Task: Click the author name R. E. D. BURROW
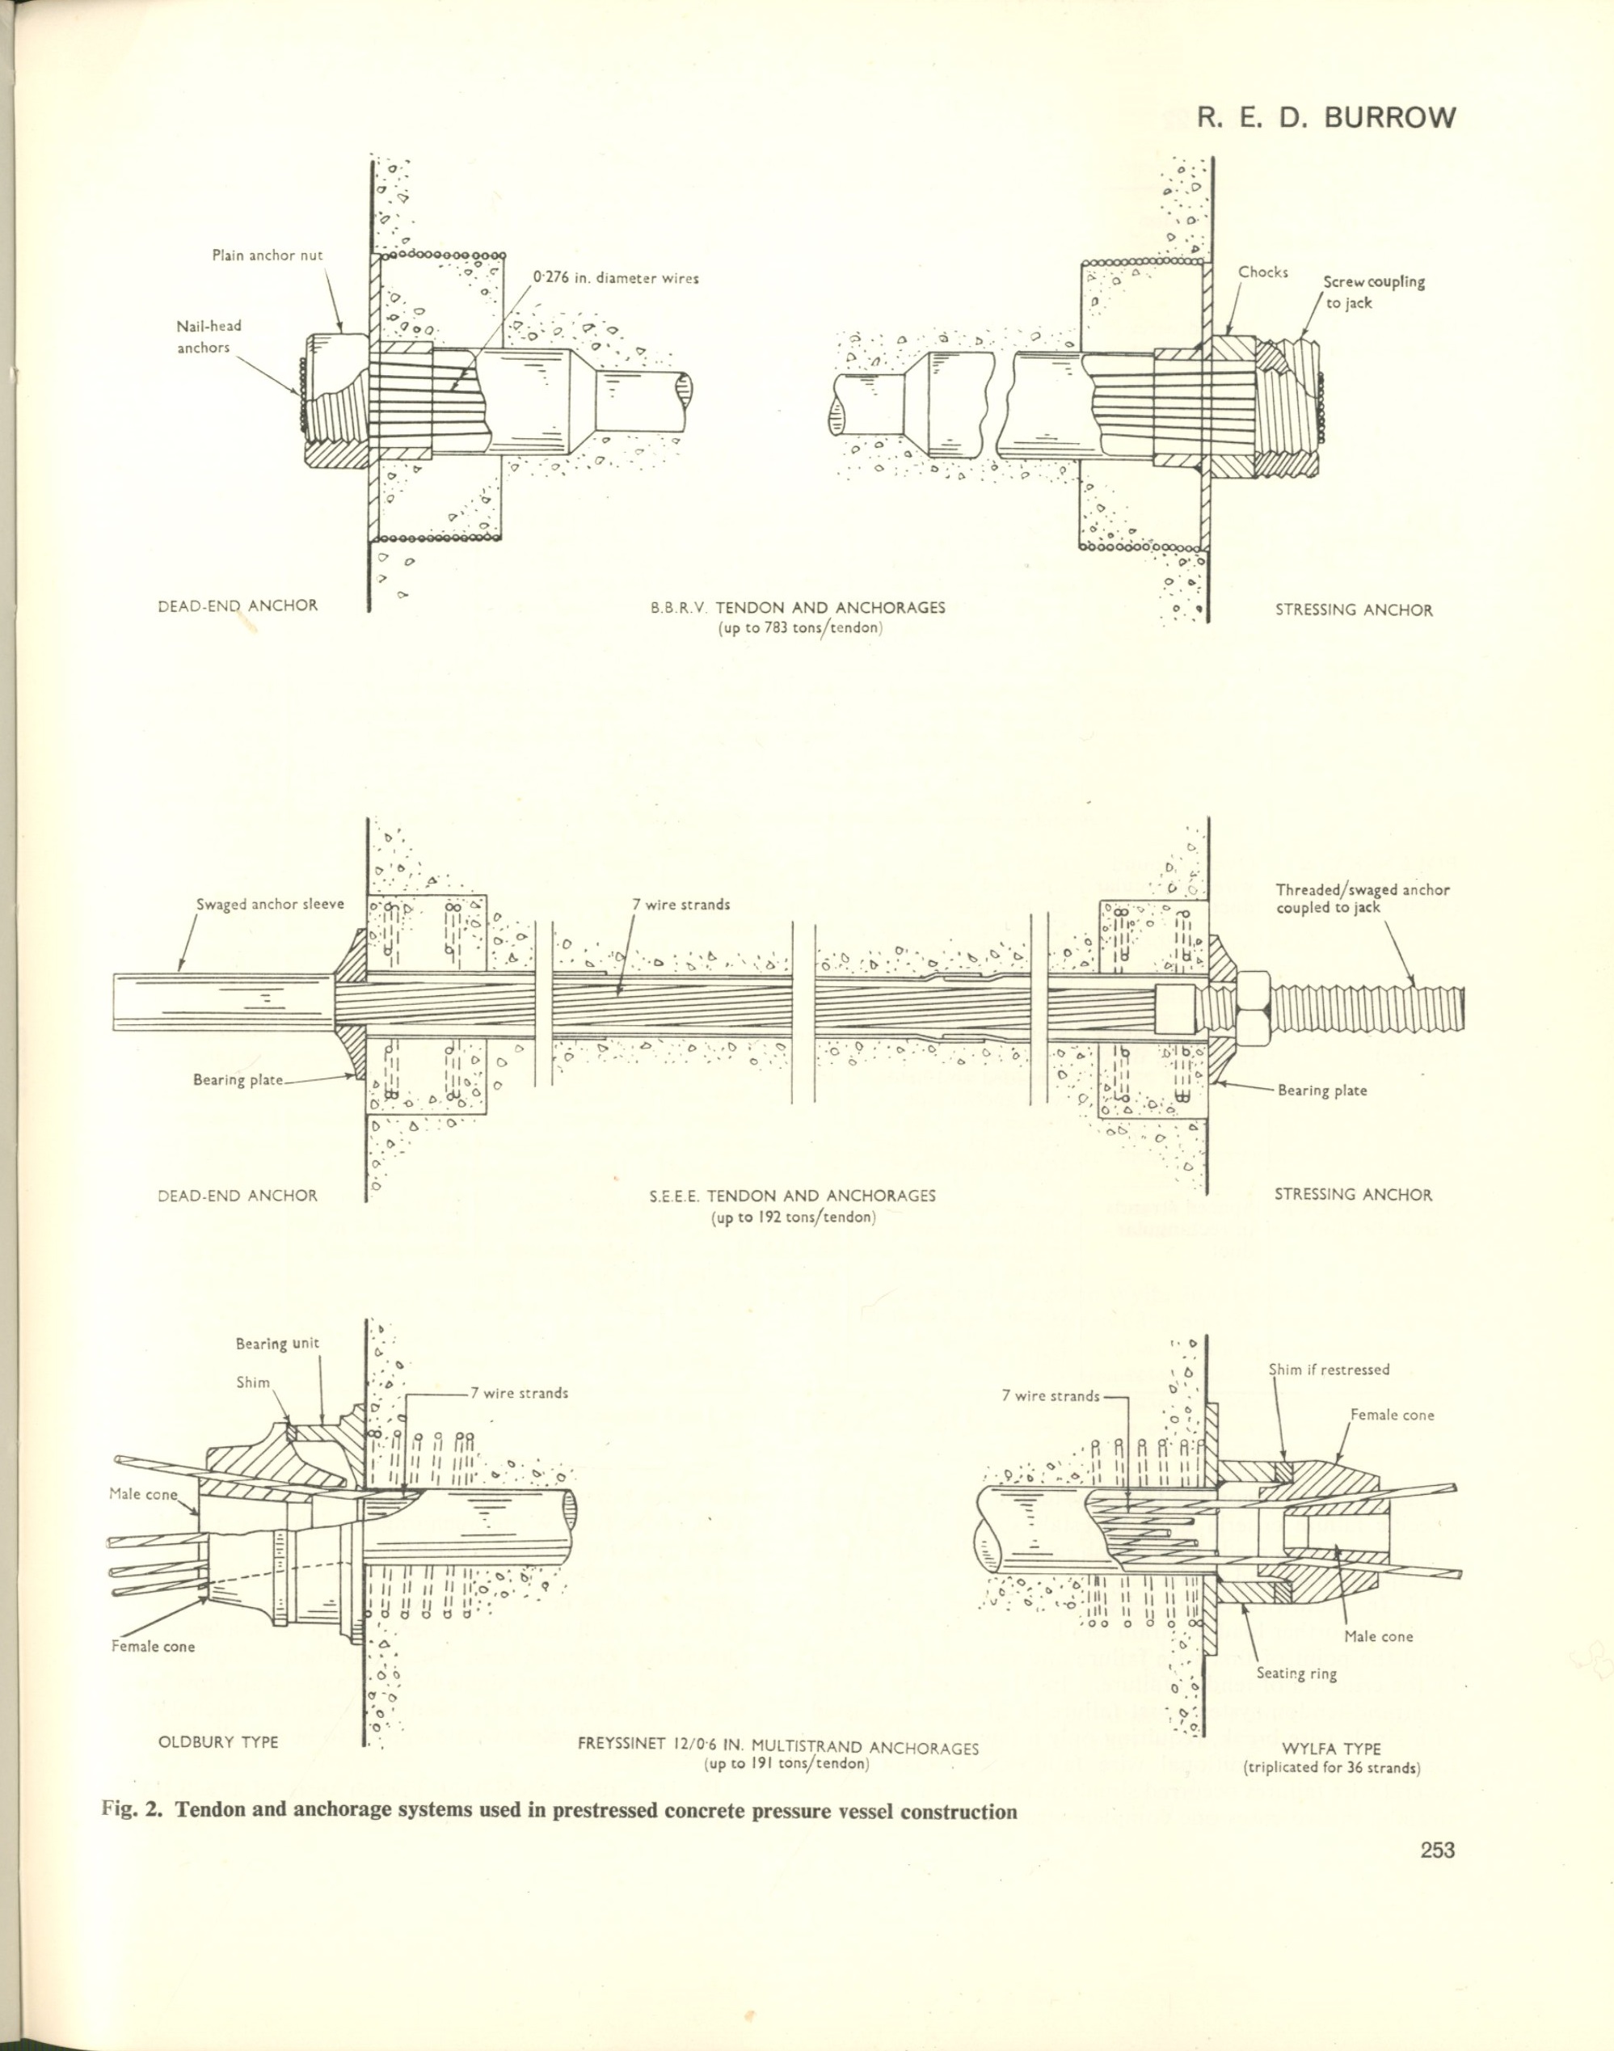coord(1325,117)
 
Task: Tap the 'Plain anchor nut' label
coord(268,256)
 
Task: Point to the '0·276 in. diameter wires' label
coord(616,278)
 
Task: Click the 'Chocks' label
coord(1263,272)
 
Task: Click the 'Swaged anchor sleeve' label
coord(270,904)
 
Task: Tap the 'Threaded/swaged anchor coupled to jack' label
coord(1363,898)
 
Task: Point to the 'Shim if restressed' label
coord(1329,1369)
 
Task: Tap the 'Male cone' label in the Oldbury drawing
coord(143,1493)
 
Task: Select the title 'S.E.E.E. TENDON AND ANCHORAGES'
coord(792,1196)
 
